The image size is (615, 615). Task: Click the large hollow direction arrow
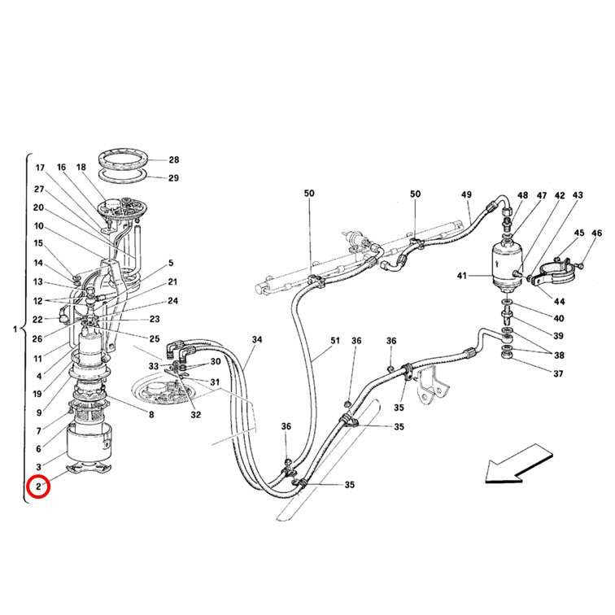[x=518, y=464]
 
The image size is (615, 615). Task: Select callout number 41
[x=461, y=276]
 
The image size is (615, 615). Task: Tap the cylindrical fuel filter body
[x=507, y=264]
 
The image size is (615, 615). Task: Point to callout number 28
[x=174, y=159]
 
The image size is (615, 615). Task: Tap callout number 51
[x=335, y=340]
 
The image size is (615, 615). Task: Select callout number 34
[x=257, y=339]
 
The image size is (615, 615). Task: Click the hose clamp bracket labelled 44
[x=553, y=276]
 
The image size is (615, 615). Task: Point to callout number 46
[x=596, y=233]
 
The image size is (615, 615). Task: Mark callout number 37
[x=559, y=373]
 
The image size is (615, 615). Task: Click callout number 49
[x=466, y=194]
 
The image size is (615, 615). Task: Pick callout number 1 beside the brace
[x=15, y=329]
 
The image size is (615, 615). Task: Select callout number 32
[x=196, y=415]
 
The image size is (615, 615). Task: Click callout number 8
[x=151, y=415]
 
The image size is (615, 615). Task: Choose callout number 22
[x=37, y=320]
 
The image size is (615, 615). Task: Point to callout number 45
[x=579, y=233]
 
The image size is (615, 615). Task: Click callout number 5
[x=171, y=263]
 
